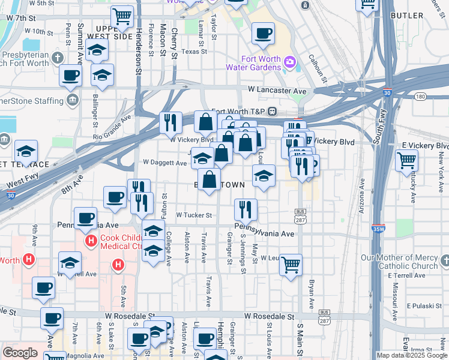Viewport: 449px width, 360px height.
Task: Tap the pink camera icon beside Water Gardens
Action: coord(290,62)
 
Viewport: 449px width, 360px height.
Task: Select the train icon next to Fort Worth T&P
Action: coord(272,111)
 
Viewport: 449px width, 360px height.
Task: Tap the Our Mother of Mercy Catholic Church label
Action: coord(399,262)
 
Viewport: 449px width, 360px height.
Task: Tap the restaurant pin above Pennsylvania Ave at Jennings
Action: coord(246,209)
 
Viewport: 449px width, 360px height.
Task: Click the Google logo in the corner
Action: coord(20,353)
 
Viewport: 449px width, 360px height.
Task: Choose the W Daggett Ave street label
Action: coord(165,163)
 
